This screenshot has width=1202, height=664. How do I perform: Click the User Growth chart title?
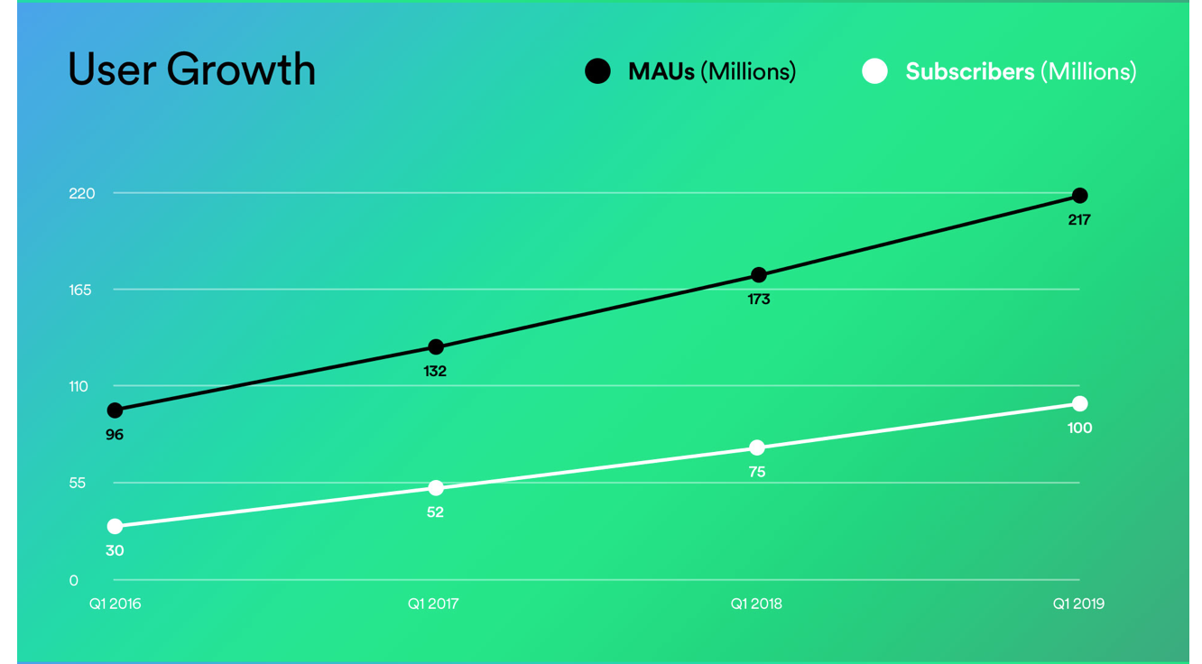tap(191, 69)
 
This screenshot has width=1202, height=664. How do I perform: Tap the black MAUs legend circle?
tap(597, 71)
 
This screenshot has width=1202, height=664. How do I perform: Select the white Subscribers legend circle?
tap(874, 71)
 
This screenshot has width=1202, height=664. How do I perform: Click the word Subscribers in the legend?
tap(969, 71)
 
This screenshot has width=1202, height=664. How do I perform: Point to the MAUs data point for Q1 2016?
tap(115, 410)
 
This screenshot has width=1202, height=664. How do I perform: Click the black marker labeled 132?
tap(436, 347)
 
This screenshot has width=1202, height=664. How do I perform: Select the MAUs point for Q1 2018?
tap(758, 275)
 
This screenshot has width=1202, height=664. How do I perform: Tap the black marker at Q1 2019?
tap(1079, 196)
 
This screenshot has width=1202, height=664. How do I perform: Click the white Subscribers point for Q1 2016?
tap(115, 526)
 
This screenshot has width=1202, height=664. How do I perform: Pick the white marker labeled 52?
tap(436, 488)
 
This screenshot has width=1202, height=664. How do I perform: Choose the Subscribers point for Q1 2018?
tap(757, 448)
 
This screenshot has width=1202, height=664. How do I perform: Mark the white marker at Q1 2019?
tap(1079, 403)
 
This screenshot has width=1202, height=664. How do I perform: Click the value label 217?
tap(1079, 219)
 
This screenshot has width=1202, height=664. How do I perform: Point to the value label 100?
tap(1079, 428)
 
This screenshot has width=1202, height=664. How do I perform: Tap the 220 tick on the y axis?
tap(82, 193)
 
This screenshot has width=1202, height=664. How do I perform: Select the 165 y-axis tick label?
tap(81, 290)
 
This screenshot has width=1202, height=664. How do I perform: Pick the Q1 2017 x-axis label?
tap(433, 604)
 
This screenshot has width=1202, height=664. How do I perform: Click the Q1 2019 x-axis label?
tap(1077, 604)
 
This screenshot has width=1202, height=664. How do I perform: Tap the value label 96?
tap(115, 435)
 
